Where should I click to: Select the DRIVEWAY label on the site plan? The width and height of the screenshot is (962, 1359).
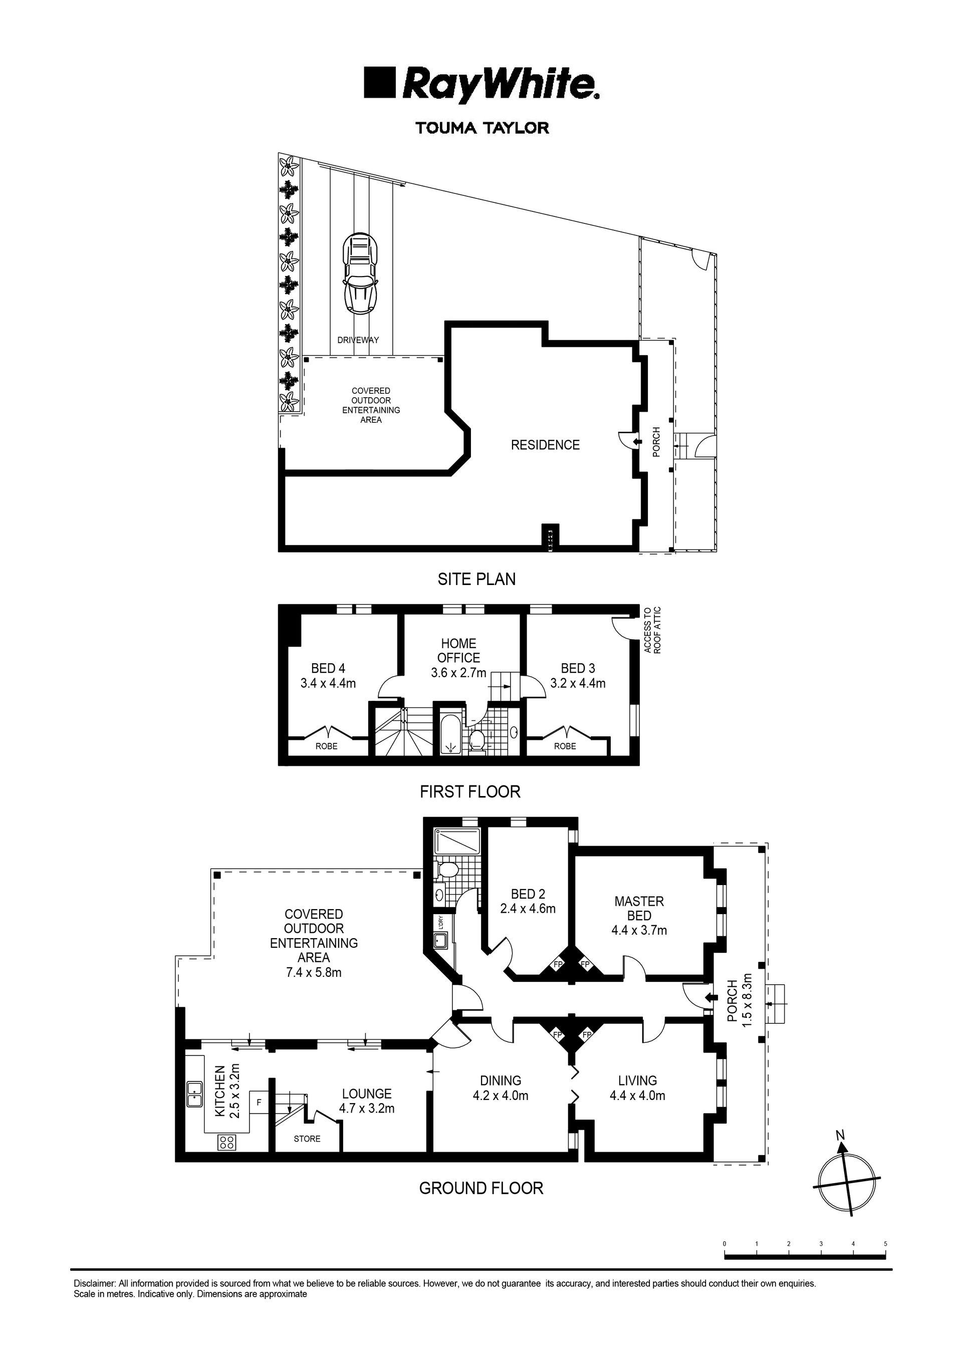(x=358, y=341)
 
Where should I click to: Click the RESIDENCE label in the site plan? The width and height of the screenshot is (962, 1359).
(x=545, y=445)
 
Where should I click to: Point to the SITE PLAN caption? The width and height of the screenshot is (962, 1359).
(x=476, y=579)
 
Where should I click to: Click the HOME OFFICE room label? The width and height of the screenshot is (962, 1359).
(x=458, y=650)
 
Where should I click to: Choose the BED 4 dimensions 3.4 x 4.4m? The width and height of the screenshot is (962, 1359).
(x=328, y=683)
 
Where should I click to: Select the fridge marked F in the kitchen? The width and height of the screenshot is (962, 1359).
(x=259, y=1103)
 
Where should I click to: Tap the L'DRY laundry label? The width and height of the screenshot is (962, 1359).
(x=439, y=923)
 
